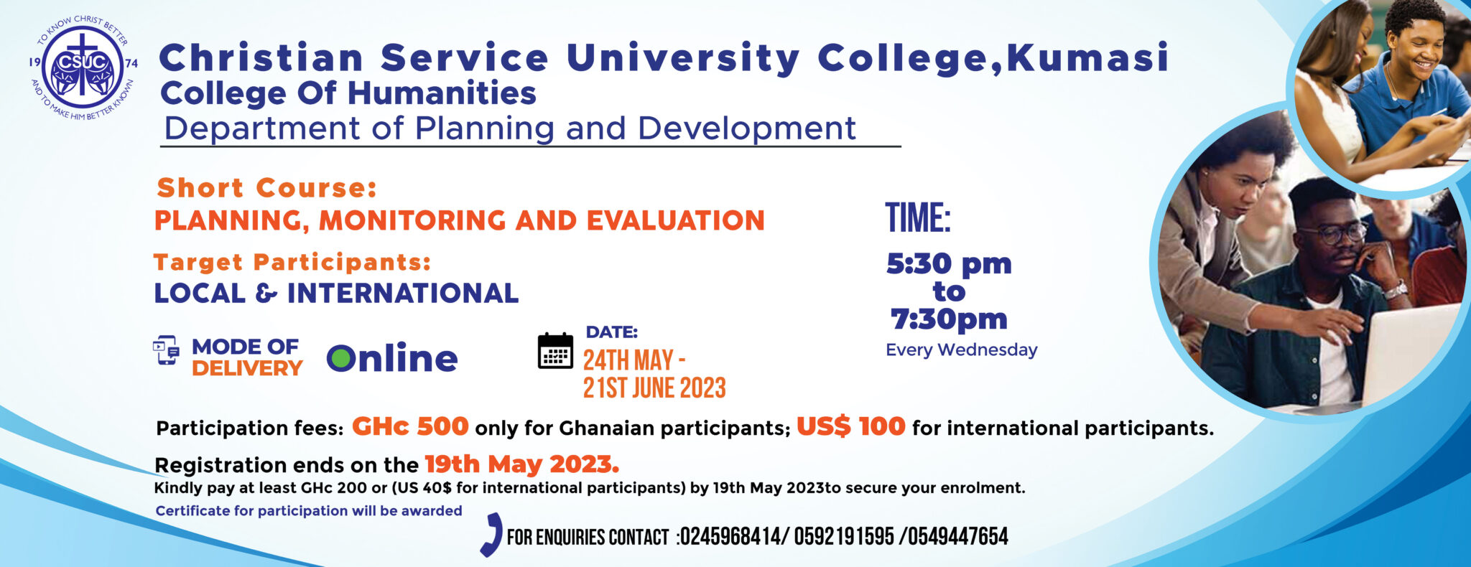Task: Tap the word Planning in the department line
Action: point(485,129)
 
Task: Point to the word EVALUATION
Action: point(676,220)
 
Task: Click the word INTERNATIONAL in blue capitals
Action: point(403,293)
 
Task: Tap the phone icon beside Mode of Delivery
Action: point(167,350)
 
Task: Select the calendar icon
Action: point(555,351)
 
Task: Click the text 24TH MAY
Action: point(628,360)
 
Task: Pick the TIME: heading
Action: point(918,218)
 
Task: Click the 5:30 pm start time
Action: point(949,264)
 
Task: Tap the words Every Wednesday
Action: point(962,350)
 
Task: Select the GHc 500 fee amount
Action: point(410,426)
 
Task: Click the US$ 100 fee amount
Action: point(851,426)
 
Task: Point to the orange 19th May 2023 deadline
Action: point(522,464)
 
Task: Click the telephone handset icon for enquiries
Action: point(491,535)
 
